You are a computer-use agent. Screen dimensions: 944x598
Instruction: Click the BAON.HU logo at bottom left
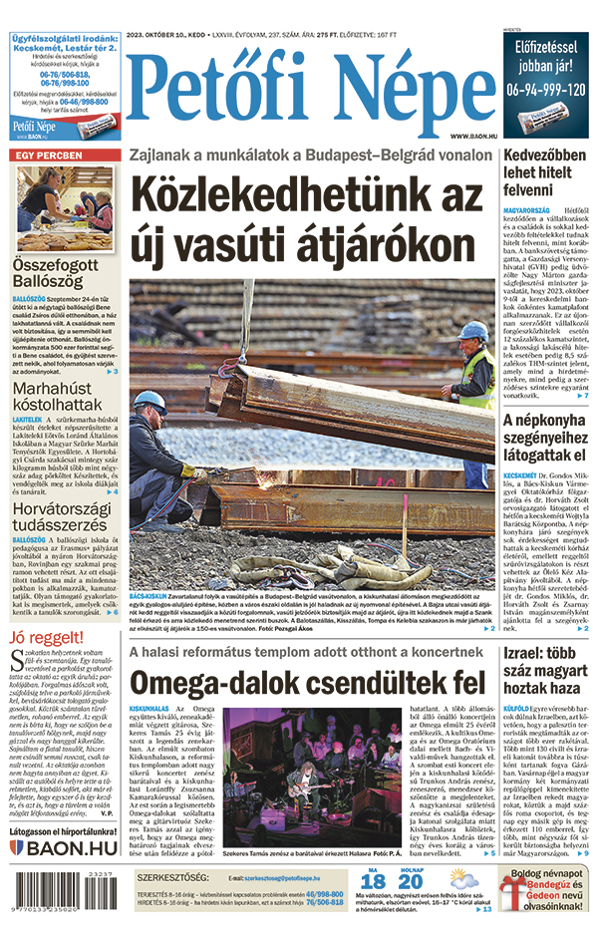point(64,847)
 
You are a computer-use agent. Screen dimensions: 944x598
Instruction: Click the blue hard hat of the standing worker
point(473,328)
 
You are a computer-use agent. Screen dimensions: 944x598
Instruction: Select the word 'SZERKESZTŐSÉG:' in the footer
point(172,877)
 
